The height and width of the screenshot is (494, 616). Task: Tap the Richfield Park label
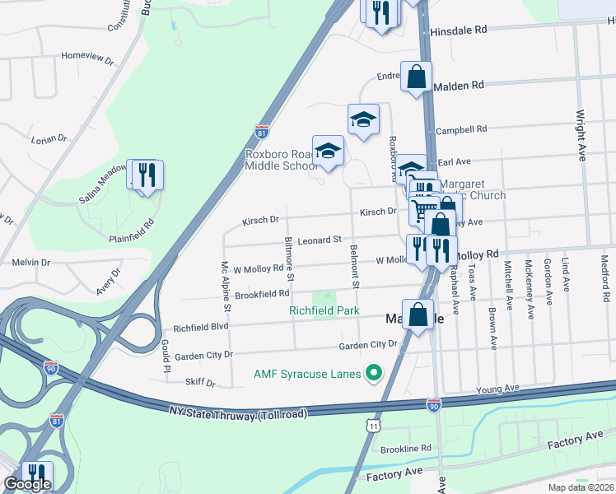click(324, 310)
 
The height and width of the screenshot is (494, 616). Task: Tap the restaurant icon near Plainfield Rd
click(147, 175)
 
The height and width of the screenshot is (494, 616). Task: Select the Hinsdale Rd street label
click(459, 30)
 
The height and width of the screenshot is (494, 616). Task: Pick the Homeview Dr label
click(87, 58)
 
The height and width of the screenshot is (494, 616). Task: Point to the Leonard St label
click(320, 240)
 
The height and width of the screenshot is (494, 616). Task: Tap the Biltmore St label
click(289, 256)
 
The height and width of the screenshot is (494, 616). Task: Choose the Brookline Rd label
click(406, 449)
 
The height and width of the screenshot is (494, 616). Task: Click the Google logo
click(27, 484)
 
